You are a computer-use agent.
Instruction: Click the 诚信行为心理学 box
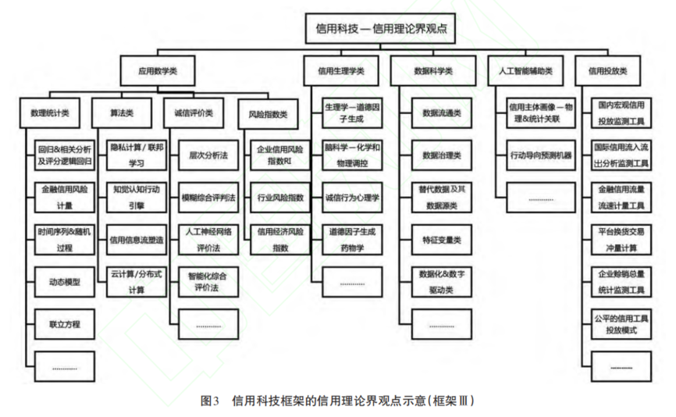[352, 198]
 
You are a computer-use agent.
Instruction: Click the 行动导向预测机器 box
[541, 155]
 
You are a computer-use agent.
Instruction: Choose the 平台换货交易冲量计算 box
[622, 240]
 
